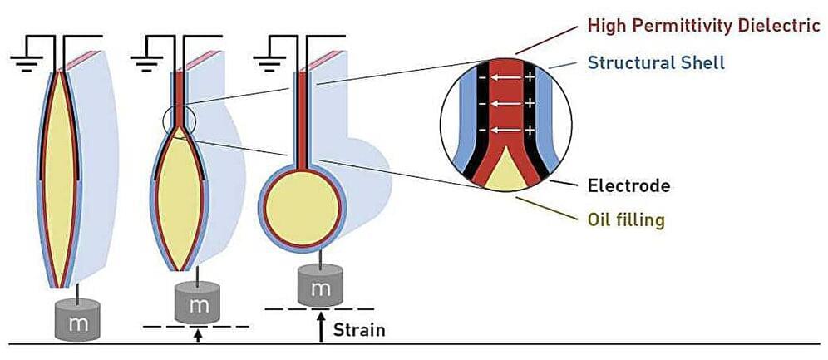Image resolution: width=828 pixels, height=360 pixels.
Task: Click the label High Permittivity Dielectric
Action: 703,25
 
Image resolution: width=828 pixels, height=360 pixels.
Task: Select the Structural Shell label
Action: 656,62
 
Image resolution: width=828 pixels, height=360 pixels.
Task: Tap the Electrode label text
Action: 628,185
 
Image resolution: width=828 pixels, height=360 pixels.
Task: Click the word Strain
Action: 358,330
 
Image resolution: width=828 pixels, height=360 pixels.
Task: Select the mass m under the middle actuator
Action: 200,305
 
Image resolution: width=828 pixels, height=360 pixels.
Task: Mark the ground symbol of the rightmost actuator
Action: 268,54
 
